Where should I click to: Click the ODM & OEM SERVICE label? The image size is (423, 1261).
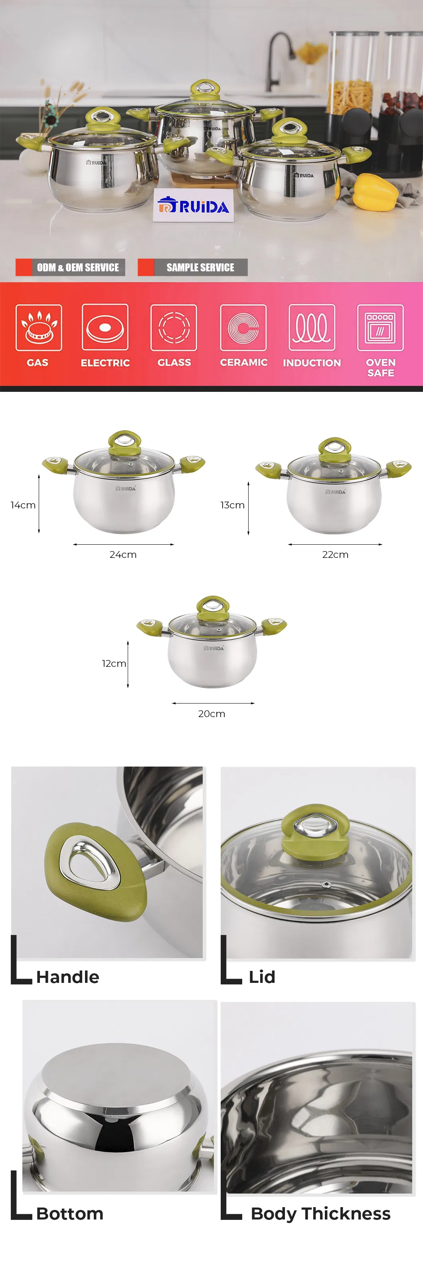click(78, 267)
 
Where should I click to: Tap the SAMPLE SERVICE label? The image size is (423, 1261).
click(200, 267)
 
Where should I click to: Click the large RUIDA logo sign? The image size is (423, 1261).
click(194, 206)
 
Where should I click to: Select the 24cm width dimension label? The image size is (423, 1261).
click(123, 555)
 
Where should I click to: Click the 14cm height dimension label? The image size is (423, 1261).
click(23, 505)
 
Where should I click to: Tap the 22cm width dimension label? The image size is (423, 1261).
click(335, 555)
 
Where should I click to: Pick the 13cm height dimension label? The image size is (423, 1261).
click(233, 505)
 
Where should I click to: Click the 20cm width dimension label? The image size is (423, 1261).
click(211, 714)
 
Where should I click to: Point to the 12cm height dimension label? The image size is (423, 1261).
click(114, 663)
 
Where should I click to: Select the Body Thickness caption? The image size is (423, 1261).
click(321, 1214)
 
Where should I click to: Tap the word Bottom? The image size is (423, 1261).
click(69, 1214)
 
